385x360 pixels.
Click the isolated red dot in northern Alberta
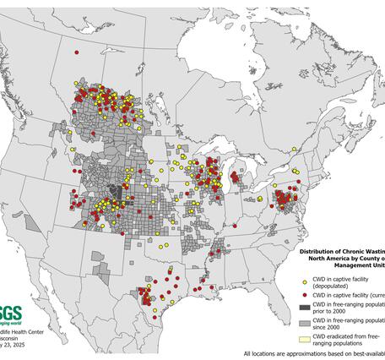coord(77,52)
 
